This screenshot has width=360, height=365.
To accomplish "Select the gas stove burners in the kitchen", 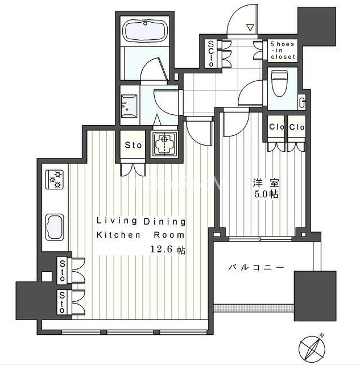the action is click(x=55, y=180).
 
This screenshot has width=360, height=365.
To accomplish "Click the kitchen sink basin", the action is click(x=55, y=227).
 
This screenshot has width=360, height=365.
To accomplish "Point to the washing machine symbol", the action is click(x=164, y=144).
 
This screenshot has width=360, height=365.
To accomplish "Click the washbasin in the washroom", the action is click(x=129, y=106).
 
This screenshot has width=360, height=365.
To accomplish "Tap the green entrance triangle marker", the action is click(x=250, y=27).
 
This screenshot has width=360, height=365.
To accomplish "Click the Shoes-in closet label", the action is click(x=283, y=50).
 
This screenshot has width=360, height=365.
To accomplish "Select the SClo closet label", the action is click(x=211, y=53).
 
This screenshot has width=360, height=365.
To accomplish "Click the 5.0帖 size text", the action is click(x=266, y=194).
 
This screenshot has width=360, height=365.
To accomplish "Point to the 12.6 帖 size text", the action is click(x=168, y=250).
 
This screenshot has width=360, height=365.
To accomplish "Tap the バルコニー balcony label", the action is click(x=256, y=267).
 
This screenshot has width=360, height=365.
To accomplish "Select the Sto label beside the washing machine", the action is click(x=133, y=145).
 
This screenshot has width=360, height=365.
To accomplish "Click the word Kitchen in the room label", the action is click(x=118, y=235).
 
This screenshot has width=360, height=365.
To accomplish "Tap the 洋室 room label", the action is click(x=266, y=183).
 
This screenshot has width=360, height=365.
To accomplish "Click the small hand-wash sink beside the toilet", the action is click(x=302, y=102).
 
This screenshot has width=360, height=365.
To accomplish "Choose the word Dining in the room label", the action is click(x=164, y=222).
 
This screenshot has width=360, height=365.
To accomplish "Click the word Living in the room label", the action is click(x=117, y=221).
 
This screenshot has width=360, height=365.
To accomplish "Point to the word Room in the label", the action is click(x=169, y=235).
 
